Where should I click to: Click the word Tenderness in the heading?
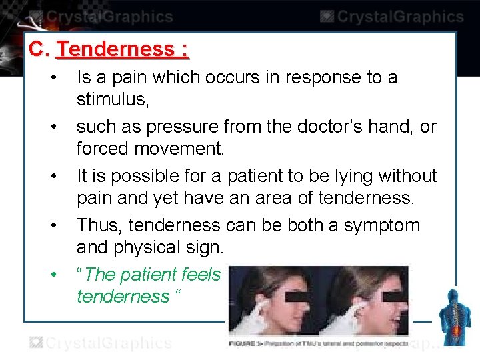point(115,49)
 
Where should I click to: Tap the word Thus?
point(99,225)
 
